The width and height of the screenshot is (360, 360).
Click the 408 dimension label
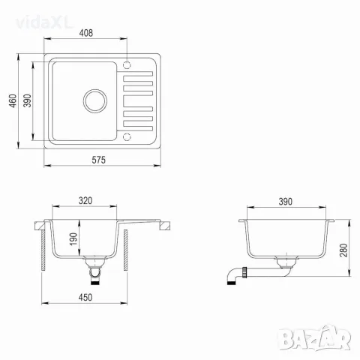pos(86,33)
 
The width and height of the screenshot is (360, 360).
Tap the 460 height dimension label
pos(13,100)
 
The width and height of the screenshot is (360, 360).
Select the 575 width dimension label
pos(98,160)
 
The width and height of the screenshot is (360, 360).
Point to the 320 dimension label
pos(85,200)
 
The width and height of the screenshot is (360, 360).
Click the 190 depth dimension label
pos(73,238)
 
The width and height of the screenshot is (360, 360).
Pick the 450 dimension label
pos(85,297)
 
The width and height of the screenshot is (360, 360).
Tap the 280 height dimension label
pos(343,250)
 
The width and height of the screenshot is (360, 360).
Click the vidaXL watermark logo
pos(44,23)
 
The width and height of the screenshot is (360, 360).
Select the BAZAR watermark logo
pos(315,338)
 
